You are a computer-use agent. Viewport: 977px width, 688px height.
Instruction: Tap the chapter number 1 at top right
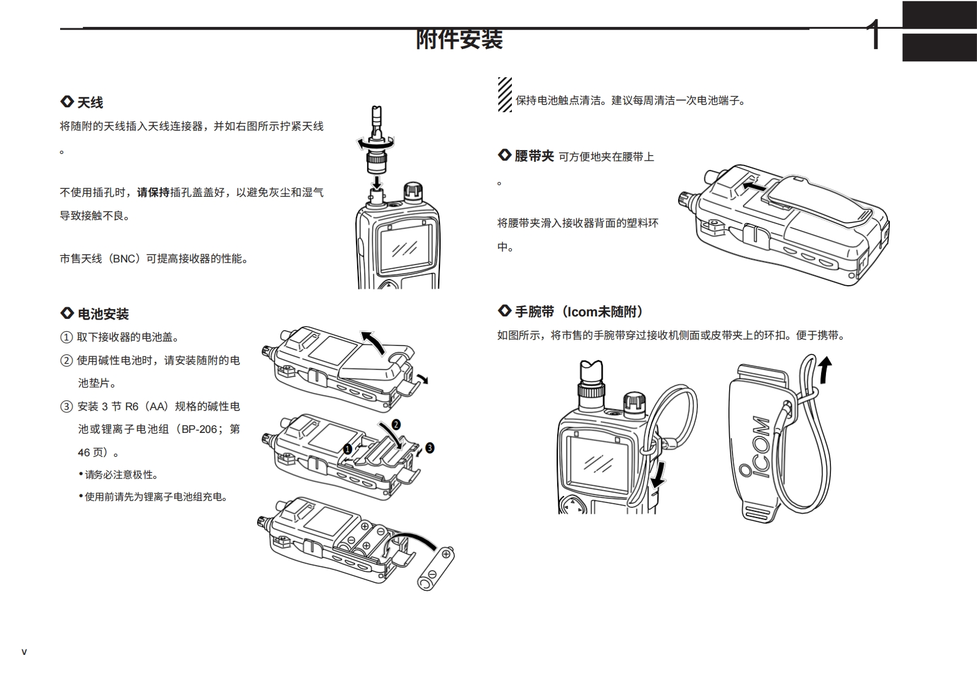(x=875, y=35)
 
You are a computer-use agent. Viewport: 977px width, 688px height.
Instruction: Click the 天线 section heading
(x=90, y=102)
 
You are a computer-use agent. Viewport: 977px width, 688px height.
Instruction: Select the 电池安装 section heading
(x=102, y=315)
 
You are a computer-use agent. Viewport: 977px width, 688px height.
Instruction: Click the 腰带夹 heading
(x=533, y=156)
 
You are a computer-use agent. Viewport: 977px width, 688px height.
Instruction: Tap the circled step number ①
(x=66, y=337)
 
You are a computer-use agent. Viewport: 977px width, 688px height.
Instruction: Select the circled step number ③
(x=66, y=407)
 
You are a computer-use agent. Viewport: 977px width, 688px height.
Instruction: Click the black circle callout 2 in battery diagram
(x=396, y=424)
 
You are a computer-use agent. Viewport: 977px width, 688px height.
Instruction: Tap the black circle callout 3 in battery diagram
(x=430, y=448)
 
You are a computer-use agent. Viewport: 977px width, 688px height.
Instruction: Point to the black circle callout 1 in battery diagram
(x=347, y=449)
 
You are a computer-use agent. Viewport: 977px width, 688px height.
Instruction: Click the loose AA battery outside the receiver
(x=436, y=570)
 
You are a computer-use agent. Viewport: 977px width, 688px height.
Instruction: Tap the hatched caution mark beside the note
(x=504, y=94)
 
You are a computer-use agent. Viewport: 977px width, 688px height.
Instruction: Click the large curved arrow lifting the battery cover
(x=374, y=342)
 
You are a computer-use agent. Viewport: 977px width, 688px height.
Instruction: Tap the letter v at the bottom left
(x=24, y=652)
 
